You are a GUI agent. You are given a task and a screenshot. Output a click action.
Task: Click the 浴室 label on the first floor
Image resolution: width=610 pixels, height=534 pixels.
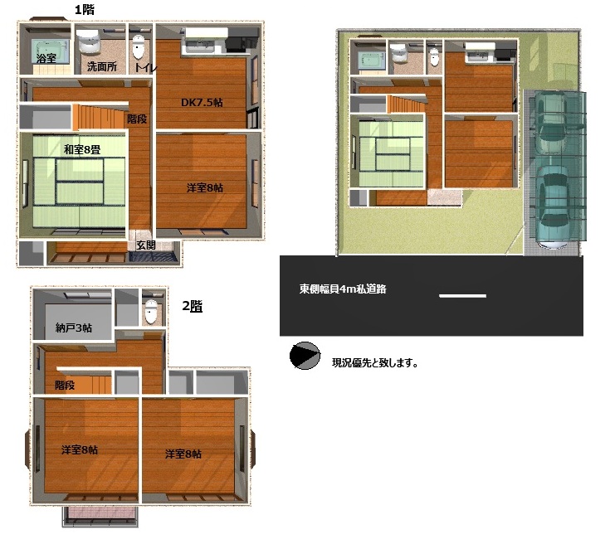[x=46, y=59]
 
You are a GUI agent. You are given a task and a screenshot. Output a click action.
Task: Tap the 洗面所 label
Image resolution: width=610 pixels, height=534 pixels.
[x=102, y=66]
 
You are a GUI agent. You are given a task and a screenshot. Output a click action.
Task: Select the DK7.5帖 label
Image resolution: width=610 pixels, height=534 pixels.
[x=202, y=103]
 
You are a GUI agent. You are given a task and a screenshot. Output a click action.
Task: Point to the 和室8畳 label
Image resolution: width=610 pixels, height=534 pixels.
[x=82, y=149]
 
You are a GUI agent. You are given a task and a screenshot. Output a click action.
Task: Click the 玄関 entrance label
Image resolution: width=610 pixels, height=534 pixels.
[x=146, y=245]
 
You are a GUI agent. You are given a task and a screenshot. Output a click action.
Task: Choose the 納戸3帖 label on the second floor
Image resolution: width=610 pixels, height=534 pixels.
[x=74, y=328]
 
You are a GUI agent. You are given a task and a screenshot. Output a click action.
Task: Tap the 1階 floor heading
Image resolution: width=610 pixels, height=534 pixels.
[x=85, y=9]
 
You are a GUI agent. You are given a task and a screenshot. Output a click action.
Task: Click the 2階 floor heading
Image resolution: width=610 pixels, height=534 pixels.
[x=193, y=306]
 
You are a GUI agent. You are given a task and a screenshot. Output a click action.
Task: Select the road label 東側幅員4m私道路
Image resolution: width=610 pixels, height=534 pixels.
[x=343, y=289]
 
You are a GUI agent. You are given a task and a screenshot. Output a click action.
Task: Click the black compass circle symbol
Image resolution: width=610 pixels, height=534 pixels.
[x=305, y=356]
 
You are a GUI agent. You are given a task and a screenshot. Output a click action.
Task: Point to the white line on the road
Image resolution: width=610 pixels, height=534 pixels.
[x=462, y=296]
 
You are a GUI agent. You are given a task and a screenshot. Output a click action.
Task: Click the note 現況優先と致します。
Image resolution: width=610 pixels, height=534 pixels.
[x=375, y=363]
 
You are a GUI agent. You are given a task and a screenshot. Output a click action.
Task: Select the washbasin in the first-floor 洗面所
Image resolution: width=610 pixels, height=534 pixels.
[x=89, y=41]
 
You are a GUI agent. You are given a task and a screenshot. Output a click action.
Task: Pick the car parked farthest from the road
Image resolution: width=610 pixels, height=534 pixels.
[x=554, y=124]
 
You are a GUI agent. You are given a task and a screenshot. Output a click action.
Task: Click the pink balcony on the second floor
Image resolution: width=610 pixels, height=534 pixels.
[x=100, y=515]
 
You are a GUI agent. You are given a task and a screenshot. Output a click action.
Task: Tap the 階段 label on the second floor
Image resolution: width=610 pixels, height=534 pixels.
[x=65, y=385]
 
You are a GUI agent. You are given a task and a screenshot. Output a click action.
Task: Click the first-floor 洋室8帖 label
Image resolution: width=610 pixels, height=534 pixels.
[x=205, y=188]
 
